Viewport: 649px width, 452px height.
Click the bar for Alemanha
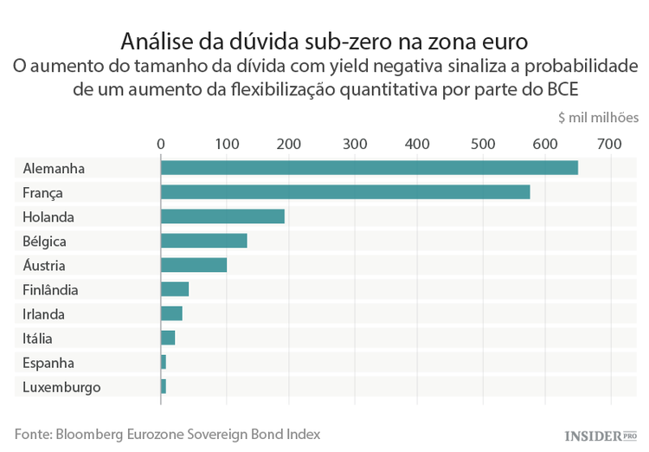click(x=369, y=168)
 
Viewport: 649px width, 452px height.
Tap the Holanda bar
click(x=222, y=216)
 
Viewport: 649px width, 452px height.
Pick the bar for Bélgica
click(x=203, y=241)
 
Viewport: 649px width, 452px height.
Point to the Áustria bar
click(x=193, y=265)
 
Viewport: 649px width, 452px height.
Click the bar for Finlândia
click(x=174, y=289)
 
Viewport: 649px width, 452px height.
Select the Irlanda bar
click(x=171, y=313)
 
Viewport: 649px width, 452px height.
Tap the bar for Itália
click(x=168, y=338)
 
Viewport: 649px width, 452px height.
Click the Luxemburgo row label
click(x=61, y=387)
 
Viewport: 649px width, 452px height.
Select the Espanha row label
click(x=48, y=363)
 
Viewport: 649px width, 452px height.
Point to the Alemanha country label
click(x=54, y=168)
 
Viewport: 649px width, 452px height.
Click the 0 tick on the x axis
click(x=160, y=143)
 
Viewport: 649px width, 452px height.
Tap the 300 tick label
click(x=353, y=143)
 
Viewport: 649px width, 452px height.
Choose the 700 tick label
click(x=609, y=143)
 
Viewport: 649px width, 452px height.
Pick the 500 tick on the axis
click(x=481, y=143)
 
